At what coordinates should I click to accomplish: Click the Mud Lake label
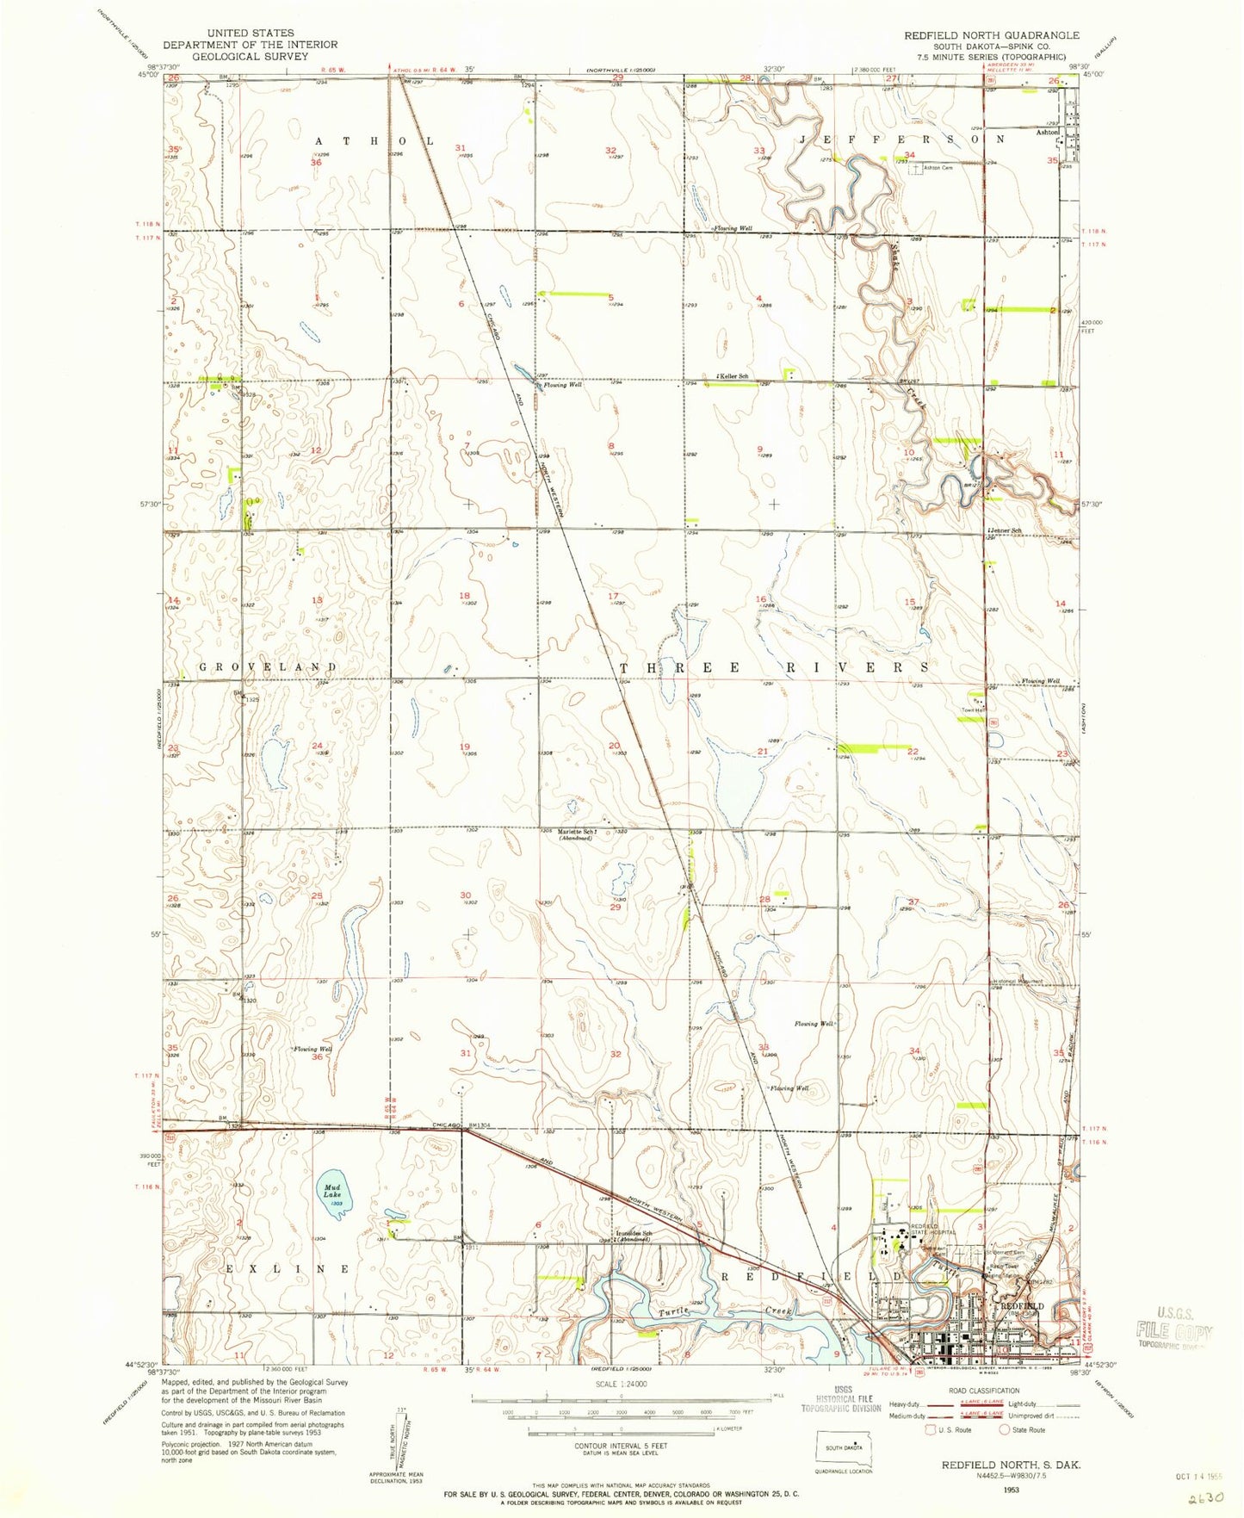point(332,1191)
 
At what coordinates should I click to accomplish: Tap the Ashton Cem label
point(938,168)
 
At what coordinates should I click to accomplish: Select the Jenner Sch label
point(1006,530)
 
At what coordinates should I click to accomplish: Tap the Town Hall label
point(973,710)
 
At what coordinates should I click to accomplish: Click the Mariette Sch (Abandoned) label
point(578,834)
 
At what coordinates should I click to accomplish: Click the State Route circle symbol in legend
point(1005,1429)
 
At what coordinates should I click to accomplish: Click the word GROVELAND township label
point(269,667)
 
